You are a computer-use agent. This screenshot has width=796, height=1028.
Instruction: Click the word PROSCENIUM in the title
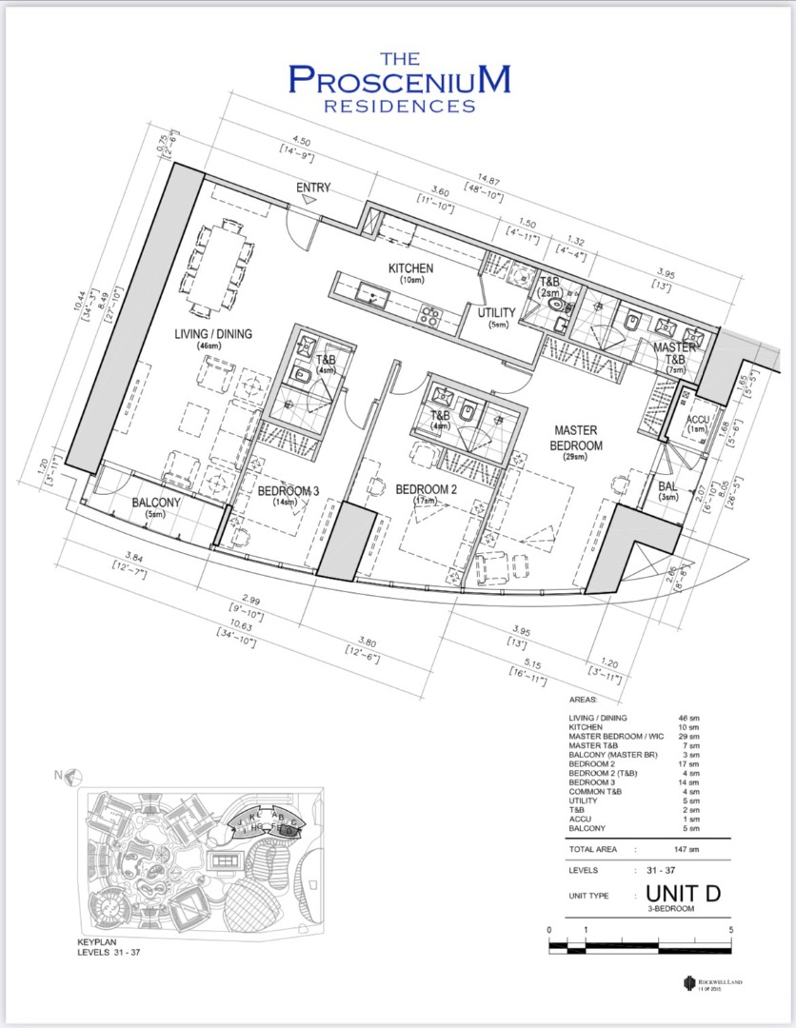tap(398, 80)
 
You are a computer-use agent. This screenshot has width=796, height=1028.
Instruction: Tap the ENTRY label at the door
tap(313, 188)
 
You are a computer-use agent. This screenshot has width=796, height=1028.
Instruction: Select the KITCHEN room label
tap(410, 269)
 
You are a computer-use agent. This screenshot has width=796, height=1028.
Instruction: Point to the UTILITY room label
tap(496, 313)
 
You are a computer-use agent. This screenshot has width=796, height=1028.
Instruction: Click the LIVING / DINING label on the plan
tap(213, 333)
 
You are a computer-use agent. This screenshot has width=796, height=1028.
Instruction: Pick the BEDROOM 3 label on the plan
tap(289, 491)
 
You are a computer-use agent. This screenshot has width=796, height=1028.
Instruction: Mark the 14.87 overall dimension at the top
tap(488, 177)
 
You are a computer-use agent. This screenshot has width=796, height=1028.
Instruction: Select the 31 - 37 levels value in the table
tap(679, 870)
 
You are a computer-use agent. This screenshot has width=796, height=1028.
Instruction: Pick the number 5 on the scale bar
tap(730, 929)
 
